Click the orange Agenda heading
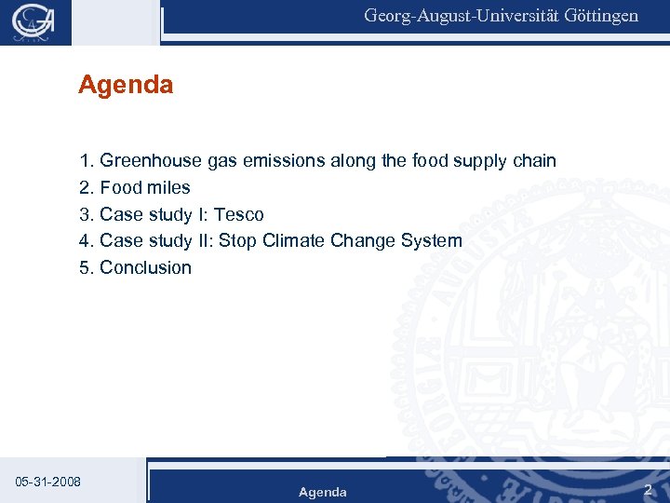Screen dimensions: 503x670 pos(126,86)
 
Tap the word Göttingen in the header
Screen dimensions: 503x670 pos(601,16)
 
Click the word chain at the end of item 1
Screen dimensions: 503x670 pos(534,161)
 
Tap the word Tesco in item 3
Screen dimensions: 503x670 pos(238,214)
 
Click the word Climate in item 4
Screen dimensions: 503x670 pos(295,240)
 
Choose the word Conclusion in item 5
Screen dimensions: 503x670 pos(145,267)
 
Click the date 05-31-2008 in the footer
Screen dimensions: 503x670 pos(48,482)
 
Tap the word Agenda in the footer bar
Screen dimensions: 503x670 pos(322,492)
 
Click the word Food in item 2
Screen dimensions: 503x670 pos(118,188)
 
